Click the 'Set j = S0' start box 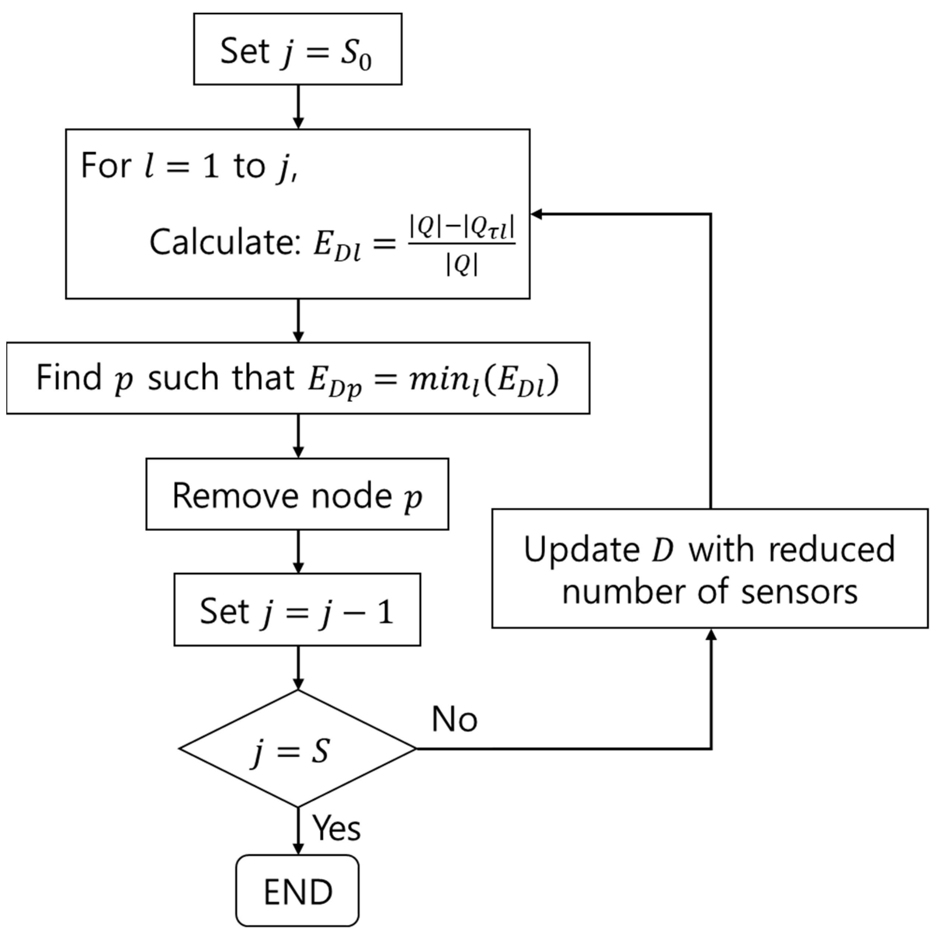[298, 49]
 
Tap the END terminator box [298, 891]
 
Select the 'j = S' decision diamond [298, 749]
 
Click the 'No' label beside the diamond [454, 719]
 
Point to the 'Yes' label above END [336, 827]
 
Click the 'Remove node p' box [298, 494]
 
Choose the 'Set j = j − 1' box [298, 610]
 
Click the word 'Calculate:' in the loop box [225, 242]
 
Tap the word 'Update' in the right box [581, 549]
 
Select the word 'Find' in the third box [68, 377]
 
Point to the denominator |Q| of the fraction [462, 265]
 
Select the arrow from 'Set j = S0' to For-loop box [298, 106]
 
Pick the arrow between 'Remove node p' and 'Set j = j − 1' [298, 551]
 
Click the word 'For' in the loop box [105, 166]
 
